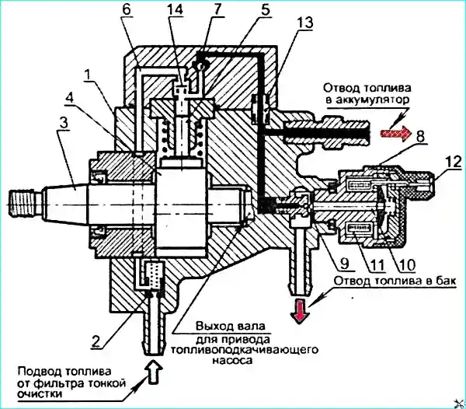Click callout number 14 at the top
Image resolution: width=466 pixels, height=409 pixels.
[x=175, y=10]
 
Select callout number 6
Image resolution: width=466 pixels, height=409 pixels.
[x=127, y=10]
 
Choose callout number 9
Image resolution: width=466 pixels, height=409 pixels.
[x=344, y=264]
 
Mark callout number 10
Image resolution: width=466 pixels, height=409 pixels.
[x=407, y=264]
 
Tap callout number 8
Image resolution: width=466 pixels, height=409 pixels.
[x=420, y=136]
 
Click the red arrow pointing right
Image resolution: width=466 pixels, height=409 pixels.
[x=396, y=132]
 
